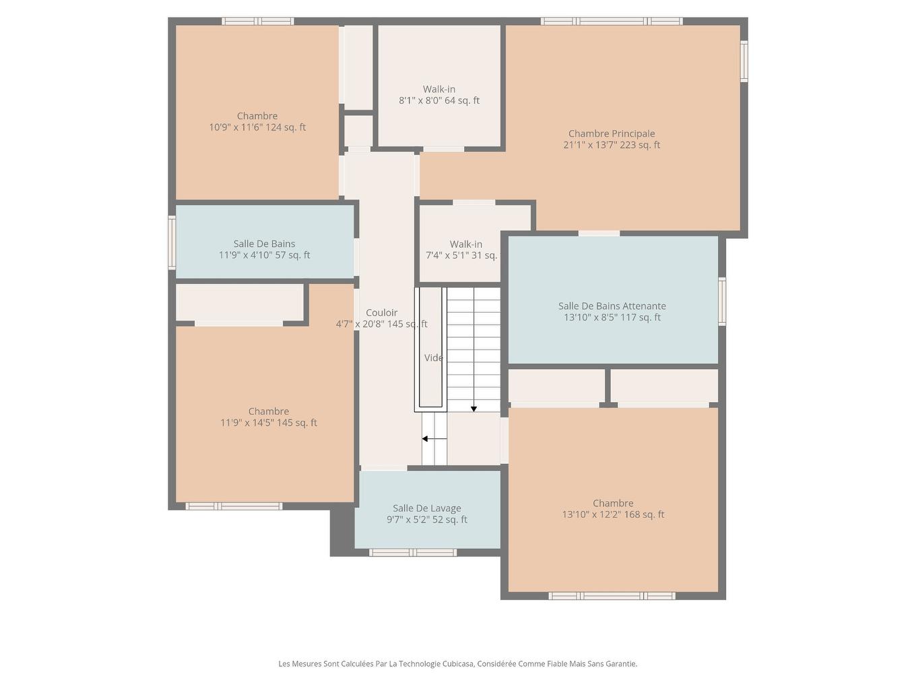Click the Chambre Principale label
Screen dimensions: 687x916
[x=612, y=133]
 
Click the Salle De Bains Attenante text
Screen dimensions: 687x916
[x=612, y=306]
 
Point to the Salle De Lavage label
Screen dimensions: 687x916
[x=427, y=509]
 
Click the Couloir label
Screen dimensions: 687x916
[x=381, y=313]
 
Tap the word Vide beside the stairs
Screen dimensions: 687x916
[x=433, y=358]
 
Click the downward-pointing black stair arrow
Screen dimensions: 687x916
[x=473, y=408]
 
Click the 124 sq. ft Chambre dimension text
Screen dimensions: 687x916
[x=257, y=127]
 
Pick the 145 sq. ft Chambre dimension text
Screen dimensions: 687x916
[x=269, y=423]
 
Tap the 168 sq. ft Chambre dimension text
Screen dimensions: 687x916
[x=613, y=515]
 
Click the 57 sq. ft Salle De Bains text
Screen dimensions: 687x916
[x=264, y=255]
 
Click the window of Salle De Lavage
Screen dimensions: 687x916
[x=412, y=553]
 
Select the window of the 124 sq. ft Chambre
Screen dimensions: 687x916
[x=258, y=22]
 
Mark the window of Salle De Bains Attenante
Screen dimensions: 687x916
[x=722, y=301]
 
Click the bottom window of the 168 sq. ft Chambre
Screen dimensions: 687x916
[x=612, y=596]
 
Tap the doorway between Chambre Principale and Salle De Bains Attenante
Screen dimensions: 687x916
[x=599, y=233]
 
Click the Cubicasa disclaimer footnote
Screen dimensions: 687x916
[x=458, y=663]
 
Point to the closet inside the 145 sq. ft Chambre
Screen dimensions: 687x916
[x=239, y=302]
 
